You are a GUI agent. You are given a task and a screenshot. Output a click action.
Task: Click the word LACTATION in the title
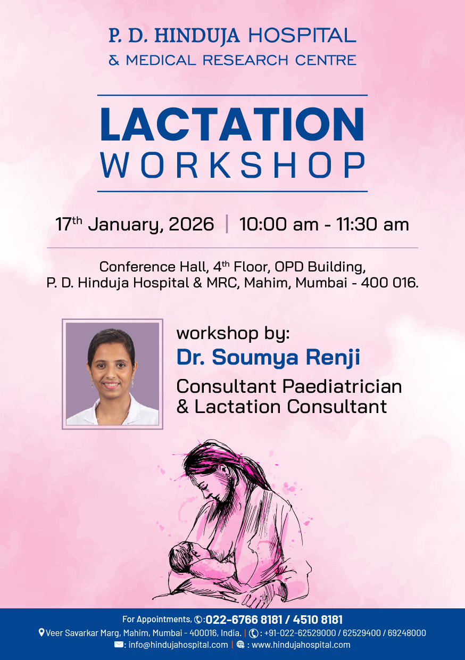pos(232,125)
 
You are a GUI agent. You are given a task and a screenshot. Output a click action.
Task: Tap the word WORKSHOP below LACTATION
pos(232,166)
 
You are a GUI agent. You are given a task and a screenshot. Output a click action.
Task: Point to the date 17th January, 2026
pos(135,224)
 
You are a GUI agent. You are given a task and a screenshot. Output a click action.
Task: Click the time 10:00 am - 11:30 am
pos(324,224)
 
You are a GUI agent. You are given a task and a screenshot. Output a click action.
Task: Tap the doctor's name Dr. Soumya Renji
pos(268,358)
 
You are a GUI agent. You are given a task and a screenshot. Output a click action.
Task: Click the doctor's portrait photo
pos(112,374)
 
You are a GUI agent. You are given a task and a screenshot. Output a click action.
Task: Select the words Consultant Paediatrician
pos(289,386)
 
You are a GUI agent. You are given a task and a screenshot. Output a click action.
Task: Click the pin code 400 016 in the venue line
pos(389,283)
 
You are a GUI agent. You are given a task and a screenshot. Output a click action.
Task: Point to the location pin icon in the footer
pos(41,633)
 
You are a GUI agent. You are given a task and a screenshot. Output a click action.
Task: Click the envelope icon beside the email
pos(119,645)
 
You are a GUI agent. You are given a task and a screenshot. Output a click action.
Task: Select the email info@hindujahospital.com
pos(178,645)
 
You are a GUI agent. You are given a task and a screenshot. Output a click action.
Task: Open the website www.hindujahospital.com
pos(301,645)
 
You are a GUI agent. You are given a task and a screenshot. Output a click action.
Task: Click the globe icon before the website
pos(240,645)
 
